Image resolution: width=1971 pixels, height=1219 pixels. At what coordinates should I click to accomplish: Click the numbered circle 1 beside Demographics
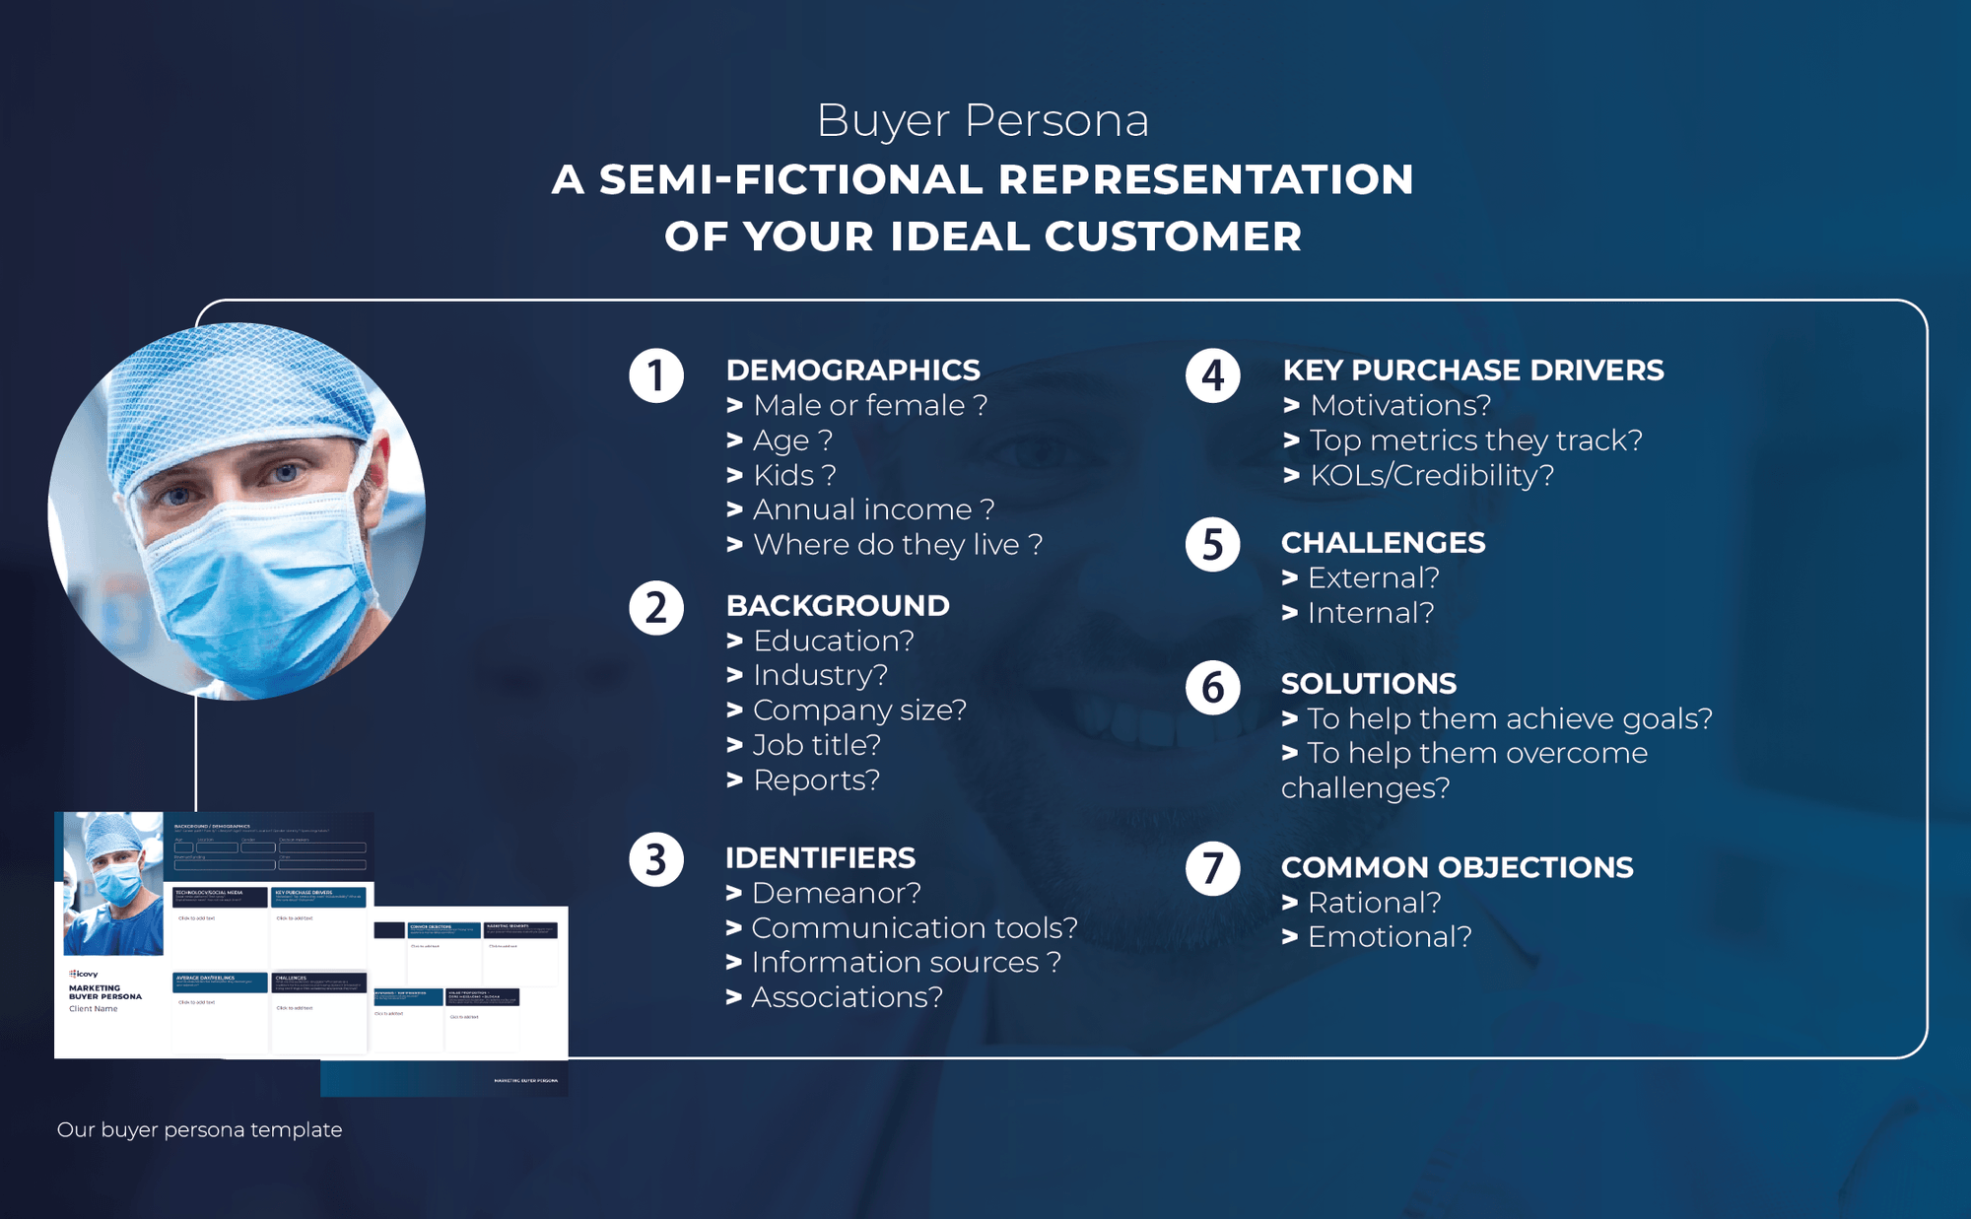[x=656, y=375]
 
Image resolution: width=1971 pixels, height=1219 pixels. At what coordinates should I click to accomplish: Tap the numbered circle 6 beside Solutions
[x=1213, y=688]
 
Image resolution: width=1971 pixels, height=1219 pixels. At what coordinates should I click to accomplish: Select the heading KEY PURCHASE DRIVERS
[x=1472, y=371]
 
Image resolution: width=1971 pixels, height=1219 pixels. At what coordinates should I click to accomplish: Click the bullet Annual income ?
[x=873, y=509]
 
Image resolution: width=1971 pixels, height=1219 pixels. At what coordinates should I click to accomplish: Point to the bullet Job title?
[x=816, y=745]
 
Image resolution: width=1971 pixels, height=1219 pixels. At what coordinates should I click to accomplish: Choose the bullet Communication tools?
[x=914, y=928]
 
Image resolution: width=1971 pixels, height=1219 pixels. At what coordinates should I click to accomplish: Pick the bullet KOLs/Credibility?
[x=1431, y=475]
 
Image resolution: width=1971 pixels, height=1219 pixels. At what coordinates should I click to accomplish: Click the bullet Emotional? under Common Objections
[x=1389, y=937]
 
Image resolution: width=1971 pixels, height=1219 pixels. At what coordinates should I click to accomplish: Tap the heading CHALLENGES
[x=1383, y=543]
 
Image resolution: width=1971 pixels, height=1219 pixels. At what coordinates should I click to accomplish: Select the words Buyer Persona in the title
[x=983, y=121]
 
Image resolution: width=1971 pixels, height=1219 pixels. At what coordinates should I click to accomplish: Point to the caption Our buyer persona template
[x=199, y=1129]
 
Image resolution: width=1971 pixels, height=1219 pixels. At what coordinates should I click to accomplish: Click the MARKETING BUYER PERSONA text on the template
[x=104, y=992]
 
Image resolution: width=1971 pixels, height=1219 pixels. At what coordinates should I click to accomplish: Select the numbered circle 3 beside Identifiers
[x=656, y=860]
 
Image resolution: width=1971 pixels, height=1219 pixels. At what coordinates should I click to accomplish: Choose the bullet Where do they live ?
[x=897, y=545]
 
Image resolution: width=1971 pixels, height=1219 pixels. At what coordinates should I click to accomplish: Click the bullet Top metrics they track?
[x=1475, y=440]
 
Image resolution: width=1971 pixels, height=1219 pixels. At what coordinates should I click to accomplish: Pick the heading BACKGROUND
[x=838, y=606]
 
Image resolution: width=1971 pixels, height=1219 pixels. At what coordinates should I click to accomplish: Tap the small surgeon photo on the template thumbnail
[x=112, y=883]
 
